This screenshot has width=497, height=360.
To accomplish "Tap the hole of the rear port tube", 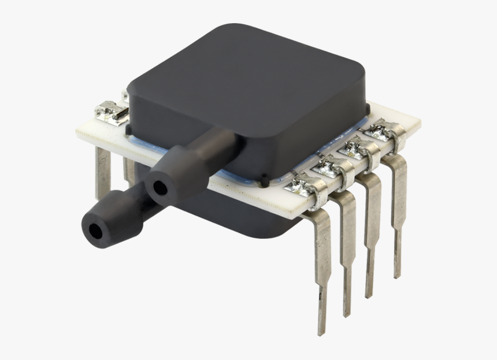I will coord(157,187).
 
